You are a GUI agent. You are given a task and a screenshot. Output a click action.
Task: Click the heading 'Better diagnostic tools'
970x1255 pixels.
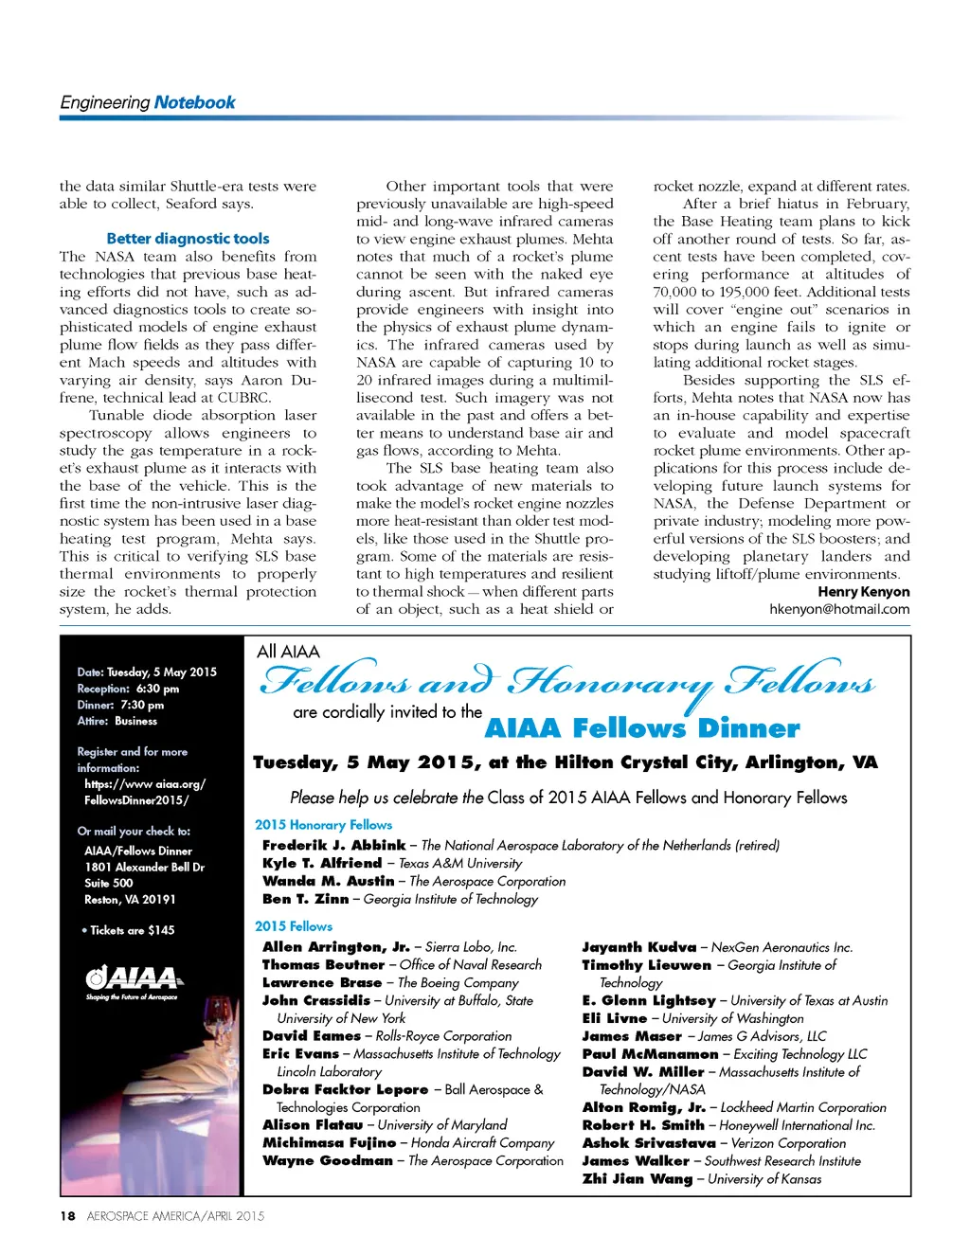(188, 239)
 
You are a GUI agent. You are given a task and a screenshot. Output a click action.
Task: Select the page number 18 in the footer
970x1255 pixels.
(67, 1216)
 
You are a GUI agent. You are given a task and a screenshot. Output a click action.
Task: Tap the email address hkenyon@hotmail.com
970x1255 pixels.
(839, 609)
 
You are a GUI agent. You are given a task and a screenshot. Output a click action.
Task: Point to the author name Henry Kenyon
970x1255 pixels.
(863, 592)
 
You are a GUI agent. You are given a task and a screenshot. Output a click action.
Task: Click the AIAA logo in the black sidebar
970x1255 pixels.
(132, 979)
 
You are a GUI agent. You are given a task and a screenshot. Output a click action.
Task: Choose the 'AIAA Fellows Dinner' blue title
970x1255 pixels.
(642, 728)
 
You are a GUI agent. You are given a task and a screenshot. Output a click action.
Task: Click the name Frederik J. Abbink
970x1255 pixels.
(333, 845)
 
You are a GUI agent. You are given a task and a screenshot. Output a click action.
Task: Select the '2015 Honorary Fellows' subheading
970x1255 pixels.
(323, 825)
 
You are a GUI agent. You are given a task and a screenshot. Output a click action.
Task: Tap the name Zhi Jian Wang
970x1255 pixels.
(637, 1179)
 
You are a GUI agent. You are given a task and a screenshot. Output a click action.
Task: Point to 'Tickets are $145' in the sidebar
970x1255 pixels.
(132, 930)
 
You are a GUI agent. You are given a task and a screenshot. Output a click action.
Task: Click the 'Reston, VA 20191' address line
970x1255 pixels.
(130, 900)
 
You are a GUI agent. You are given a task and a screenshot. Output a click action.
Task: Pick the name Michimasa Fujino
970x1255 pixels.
(329, 1143)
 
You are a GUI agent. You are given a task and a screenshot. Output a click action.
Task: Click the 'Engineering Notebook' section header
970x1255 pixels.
(148, 102)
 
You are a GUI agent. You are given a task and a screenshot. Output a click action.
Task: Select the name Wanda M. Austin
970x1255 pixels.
(328, 881)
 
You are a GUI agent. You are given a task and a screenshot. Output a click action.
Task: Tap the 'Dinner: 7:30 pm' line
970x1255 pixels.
(120, 705)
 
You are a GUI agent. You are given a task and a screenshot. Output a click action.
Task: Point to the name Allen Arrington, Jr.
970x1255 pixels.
(335, 947)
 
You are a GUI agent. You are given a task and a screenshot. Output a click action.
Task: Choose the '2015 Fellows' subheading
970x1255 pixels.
(294, 926)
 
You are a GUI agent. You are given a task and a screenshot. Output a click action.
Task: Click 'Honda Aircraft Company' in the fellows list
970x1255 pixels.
(482, 1143)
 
